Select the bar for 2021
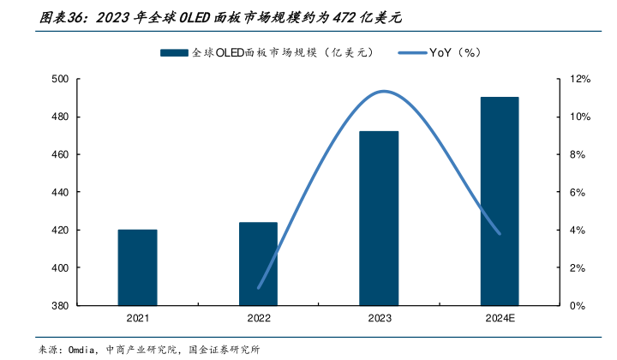(x=137, y=267)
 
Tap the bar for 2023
(x=379, y=218)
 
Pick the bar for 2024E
(x=500, y=201)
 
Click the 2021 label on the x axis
(x=137, y=319)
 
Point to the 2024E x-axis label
(x=500, y=319)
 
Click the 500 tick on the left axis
(x=60, y=79)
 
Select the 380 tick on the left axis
(x=60, y=305)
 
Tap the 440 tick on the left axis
(x=60, y=192)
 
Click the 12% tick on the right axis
(x=580, y=79)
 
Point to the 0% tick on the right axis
(x=578, y=305)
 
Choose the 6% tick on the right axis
(x=578, y=192)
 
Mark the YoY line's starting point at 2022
(x=258, y=288)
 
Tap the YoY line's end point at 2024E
(x=500, y=233)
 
